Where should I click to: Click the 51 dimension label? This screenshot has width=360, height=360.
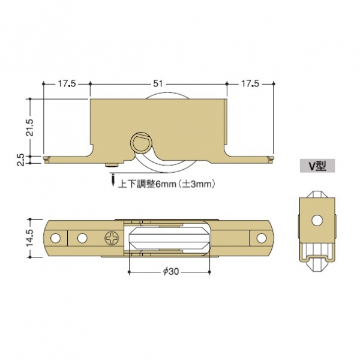(158, 84)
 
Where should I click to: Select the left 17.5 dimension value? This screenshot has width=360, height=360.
(67, 84)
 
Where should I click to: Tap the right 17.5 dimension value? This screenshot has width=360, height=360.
(250, 84)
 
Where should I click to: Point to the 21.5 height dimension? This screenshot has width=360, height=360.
(29, 127)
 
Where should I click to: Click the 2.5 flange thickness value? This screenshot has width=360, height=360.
(20, 160)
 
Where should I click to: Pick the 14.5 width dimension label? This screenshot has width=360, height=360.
(29, 238)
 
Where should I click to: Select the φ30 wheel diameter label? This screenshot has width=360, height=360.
(171, 272)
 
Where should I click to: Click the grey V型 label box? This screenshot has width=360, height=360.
(317, 166)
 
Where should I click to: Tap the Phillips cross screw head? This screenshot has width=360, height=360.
(112, 238)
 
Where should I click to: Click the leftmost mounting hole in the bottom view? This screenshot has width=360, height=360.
(55, 238)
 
